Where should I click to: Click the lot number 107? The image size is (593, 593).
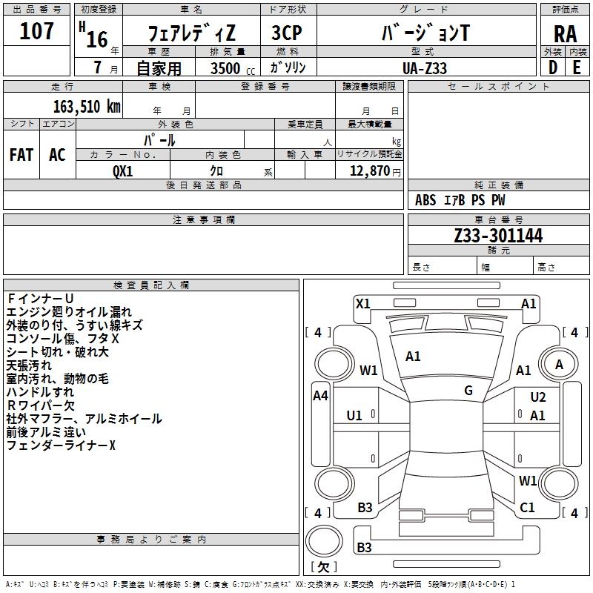click(x=36, y=31)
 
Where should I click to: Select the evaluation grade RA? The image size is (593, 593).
click(x=565, y=34)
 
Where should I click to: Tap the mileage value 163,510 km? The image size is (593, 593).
click(x=87, y=107)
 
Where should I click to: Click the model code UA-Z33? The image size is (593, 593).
click(x=424, y=68)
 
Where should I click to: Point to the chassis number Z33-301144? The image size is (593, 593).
click(x=498, y=236)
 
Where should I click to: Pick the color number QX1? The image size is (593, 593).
click(x=122, y=171)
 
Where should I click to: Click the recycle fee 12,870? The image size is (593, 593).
click(x=369, y=171)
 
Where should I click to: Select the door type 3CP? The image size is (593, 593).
click(x=287, y=33)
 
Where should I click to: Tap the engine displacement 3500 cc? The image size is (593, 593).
click(x=233, y=68)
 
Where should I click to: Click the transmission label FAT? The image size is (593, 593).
click(x=21, y=155)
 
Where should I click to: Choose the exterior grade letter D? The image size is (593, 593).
click(x=552, y=67)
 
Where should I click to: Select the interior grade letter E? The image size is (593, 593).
click(x=577, y=67)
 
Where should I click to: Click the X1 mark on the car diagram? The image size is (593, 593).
click(x=362, y=304)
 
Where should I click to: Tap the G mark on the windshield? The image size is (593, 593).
click(x=468, y=391)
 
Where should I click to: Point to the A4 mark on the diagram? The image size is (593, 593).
click(x=320, y=396)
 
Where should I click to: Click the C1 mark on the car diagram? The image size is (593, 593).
click(x=527, y=508)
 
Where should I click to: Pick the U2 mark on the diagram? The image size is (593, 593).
click(x=538, y=397)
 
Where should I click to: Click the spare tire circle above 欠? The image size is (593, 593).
click(x=324, y=541)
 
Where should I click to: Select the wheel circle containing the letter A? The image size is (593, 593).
click(x=559, y=364)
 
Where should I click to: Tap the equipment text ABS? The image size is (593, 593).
click(x=425, y=200)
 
